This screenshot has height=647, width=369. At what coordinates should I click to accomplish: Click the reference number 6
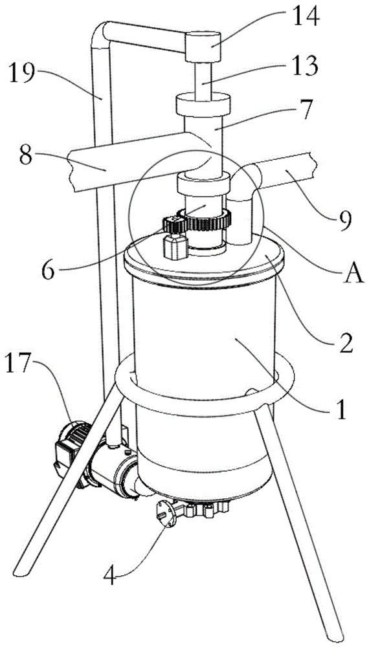(49, 270)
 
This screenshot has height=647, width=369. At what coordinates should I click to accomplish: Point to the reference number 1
(341, 410)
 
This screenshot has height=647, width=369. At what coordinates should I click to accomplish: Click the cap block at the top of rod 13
(203, 47)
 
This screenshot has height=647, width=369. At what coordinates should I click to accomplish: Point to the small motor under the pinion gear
(176, 246)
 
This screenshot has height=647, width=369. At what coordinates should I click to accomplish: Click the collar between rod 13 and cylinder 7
(203, 104)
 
